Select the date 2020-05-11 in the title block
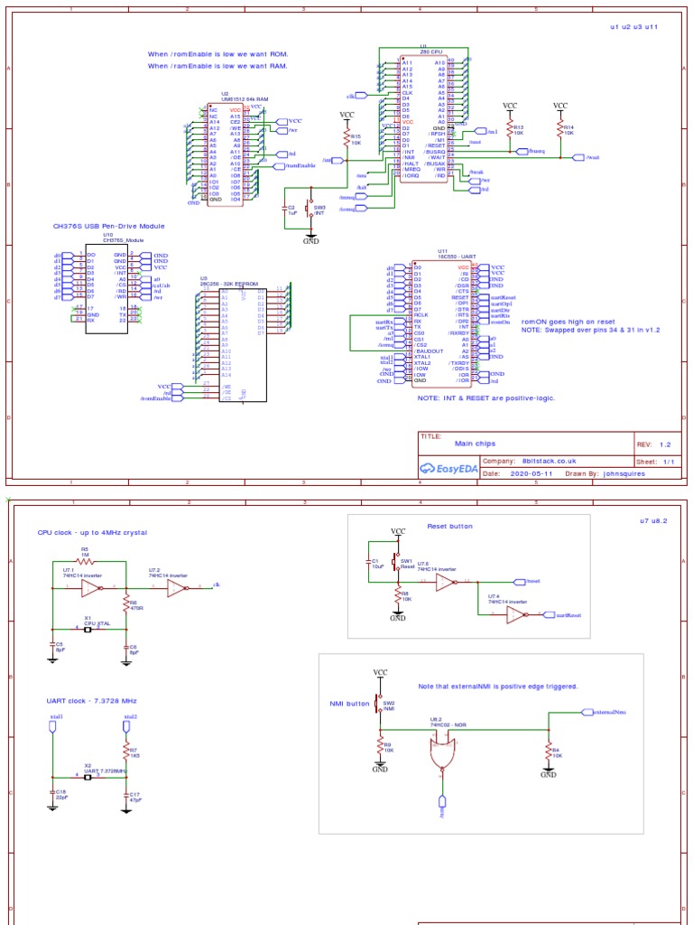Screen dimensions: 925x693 point(532,472)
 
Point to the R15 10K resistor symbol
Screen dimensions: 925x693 point(346,137)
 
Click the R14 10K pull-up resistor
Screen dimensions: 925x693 point(559,130)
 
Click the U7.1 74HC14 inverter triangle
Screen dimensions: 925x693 point(93,589)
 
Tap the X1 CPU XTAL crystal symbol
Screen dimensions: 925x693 point(88,630)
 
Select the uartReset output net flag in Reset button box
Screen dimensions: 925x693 point(563,614)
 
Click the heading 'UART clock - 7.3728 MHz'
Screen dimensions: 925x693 point(91,700)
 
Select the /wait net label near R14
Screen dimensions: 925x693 point(591,157)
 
